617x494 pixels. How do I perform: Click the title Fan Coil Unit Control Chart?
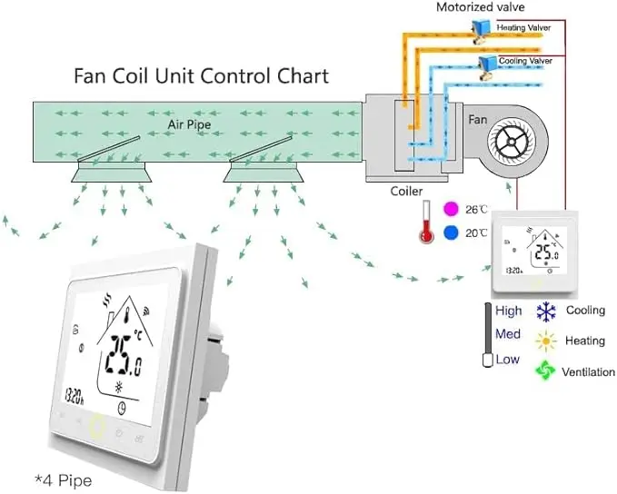pos(201,75)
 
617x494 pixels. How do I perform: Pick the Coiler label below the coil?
pos(406,191)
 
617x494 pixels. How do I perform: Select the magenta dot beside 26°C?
pos(449,209)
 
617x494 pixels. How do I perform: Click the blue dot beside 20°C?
pos(451,232)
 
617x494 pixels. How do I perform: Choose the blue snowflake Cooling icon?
pos(545,311)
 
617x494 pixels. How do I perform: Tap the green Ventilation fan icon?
pos(545,371)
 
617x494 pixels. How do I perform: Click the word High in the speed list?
pos(509,311)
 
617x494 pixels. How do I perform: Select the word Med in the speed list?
pos(508,334)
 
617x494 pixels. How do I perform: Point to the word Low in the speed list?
pos(508,360)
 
